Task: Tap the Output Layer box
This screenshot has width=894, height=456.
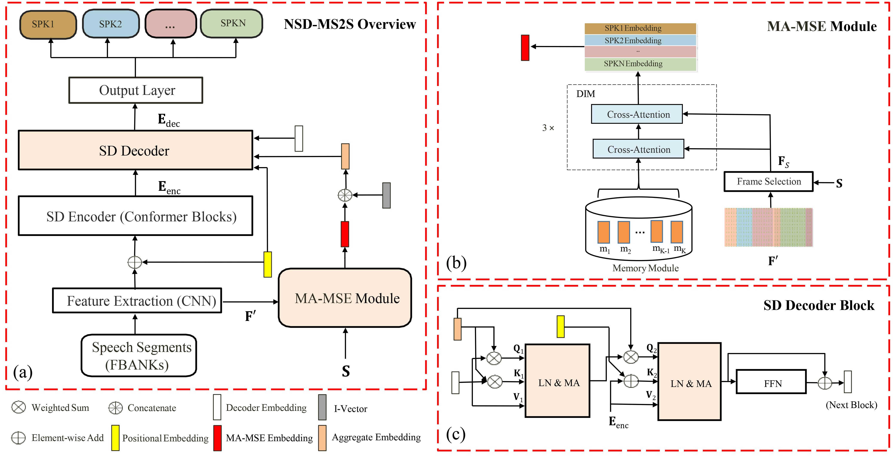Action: tap(136, 90)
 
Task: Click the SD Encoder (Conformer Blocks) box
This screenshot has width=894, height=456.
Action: tap(135, 216)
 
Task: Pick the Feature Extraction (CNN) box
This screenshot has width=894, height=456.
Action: tap(137, 300)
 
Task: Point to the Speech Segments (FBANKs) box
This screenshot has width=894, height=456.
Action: tap(139, 355)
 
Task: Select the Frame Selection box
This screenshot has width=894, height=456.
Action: tap(768, 181)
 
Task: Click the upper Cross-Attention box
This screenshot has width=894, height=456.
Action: tap(637, 114)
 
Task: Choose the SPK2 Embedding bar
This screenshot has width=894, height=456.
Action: tap(640, 40)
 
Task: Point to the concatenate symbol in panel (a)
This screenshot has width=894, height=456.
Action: tap(345, 195)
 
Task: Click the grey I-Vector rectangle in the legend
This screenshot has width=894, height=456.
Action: tap(322, 407)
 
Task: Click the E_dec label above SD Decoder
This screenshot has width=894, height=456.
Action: tap(169, 120)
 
